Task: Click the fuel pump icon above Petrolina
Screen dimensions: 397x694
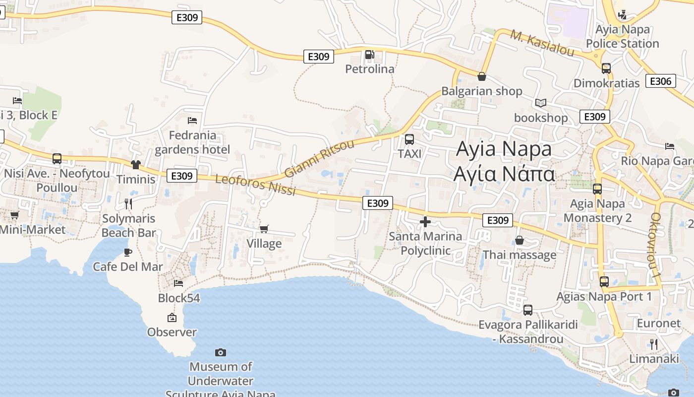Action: click(369, 55)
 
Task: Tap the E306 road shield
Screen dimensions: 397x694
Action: click(660, 81)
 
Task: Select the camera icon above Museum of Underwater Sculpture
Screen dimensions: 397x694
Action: click(221, 352)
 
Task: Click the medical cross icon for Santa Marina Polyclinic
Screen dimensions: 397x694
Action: click(425, 222)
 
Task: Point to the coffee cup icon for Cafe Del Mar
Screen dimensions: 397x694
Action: click(128, 252)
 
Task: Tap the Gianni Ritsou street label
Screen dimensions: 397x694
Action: click(320, 158)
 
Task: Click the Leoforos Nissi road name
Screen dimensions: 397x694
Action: click(255, 185)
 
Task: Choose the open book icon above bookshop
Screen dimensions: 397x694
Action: click(540, 103)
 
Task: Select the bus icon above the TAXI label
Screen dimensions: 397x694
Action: click(409, 139)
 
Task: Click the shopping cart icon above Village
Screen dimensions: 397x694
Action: click(264, 229)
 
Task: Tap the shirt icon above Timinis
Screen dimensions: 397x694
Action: click(136, 164)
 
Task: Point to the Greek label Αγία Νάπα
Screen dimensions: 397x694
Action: click(504, 174)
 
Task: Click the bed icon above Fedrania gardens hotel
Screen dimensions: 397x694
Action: click(192, 121)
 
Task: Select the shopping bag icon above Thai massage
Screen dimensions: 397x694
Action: click(520, 241)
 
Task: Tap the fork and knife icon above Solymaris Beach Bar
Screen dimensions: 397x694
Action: click(128, 203)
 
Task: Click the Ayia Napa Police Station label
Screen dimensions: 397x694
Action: click(623, 37)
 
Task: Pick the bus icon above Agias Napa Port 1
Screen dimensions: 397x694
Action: click(604, 282)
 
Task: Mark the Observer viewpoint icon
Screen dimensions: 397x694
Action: click(172, 318)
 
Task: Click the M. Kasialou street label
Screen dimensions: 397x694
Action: click(542, 44)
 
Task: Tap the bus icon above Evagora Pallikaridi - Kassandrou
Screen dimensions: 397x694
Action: click(528, 310)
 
